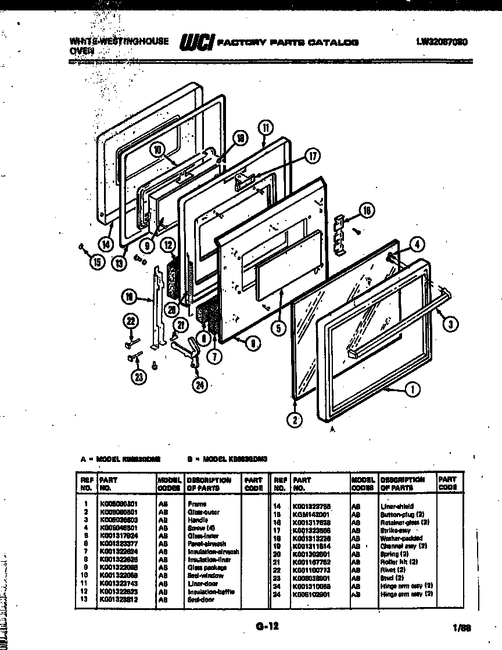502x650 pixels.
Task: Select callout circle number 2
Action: (295, 420)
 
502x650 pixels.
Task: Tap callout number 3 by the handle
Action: (449, 324)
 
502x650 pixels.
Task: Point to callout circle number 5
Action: (278, 328)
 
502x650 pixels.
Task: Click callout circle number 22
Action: (132, 320)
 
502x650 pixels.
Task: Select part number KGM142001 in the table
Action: (312, 514)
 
